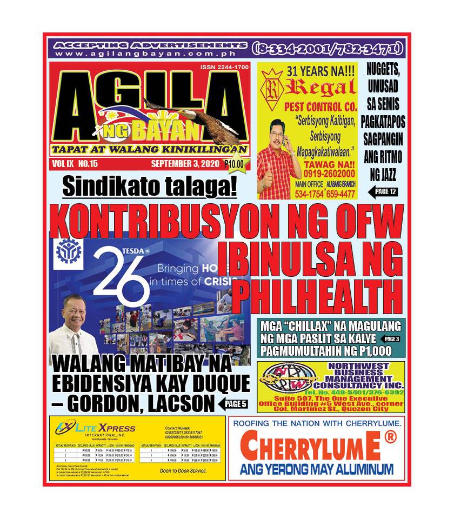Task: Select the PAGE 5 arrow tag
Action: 233,403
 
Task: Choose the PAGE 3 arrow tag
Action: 391,339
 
